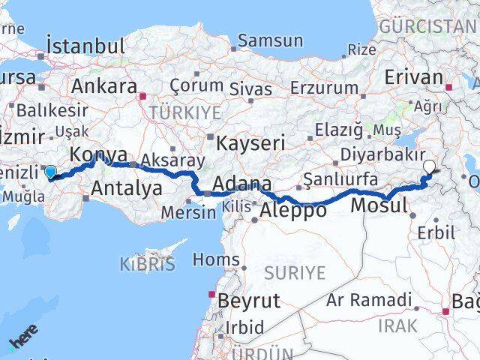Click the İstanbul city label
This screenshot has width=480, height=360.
[85, 45]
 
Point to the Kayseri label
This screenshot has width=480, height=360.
[250, 142]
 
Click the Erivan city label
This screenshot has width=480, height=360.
[414, 78]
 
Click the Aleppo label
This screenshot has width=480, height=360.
[292, 211]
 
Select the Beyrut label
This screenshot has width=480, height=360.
[248, 301]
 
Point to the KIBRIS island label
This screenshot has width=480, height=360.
[147, 264]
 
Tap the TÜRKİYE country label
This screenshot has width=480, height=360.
[184, 112]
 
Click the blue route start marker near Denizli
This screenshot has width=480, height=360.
[50, 172]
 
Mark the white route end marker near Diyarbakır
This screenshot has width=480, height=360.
[430, 167]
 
